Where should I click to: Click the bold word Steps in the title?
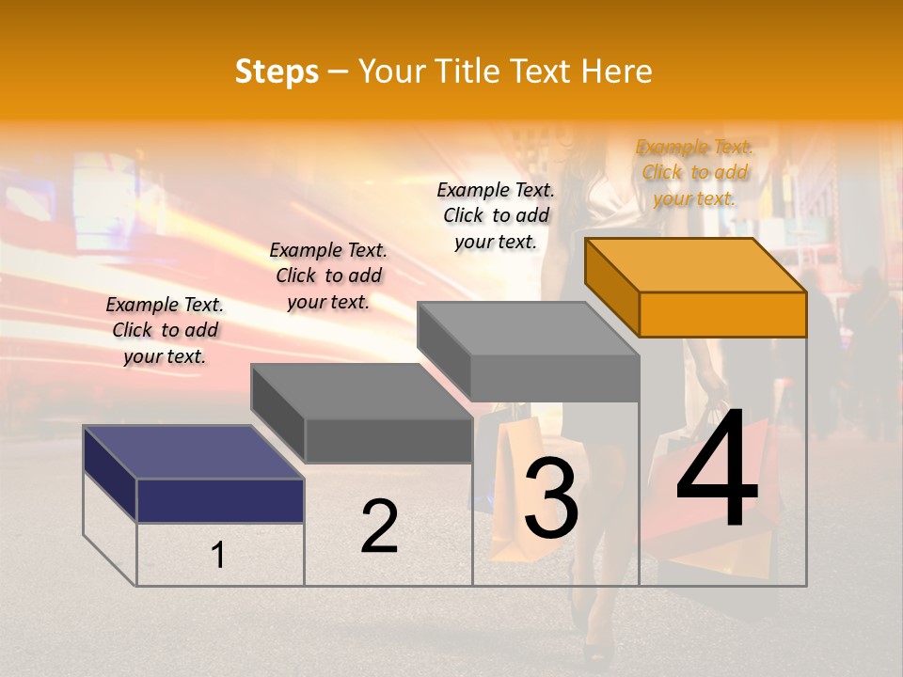point(276,71)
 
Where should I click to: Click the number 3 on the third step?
point(550,499)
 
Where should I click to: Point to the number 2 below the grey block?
point(379,527)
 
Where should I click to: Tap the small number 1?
point(218,556)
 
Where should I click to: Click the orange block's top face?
point(696,264)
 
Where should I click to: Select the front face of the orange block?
point(722,314)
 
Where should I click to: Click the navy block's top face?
point(194,451)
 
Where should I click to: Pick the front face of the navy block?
point(220,500)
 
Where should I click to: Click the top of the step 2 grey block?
point(361,390)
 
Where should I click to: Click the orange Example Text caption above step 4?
point(694,173)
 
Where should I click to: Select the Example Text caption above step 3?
point(496,215)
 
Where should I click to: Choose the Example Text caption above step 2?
point(328,276)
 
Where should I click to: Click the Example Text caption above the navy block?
point(165,330)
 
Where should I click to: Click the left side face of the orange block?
point(611,286)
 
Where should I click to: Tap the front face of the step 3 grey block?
point(554,378)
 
